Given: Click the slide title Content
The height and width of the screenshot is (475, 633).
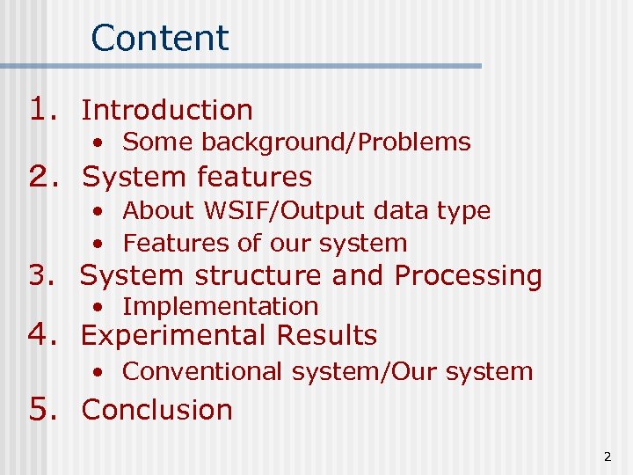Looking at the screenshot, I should [x=159, y=38].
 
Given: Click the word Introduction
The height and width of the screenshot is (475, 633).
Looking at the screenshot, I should [x=167, y=110].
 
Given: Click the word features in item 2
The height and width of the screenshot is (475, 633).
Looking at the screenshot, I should [x=254, y=177].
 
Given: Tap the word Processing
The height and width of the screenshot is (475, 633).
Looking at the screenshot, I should [x=468, y=276].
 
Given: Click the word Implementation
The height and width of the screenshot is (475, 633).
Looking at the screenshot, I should [x=221, y=306].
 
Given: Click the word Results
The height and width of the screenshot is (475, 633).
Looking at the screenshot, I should [x=326, y=335].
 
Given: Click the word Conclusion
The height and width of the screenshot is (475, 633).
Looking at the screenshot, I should [x=157, y=410].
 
